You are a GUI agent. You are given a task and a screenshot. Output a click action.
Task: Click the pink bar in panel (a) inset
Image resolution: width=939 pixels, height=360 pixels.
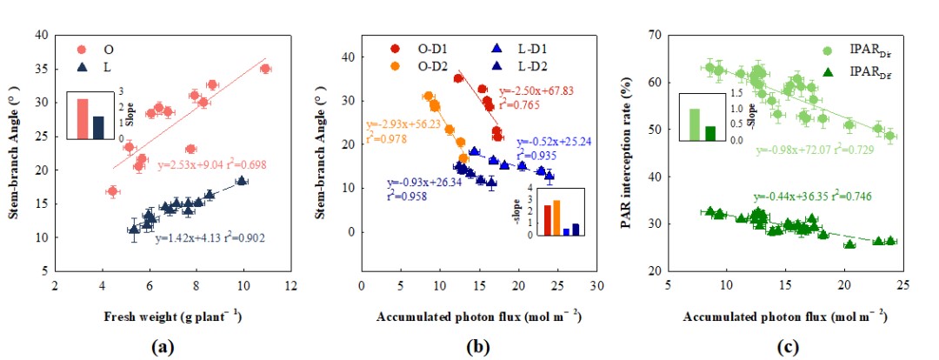coord(83,118)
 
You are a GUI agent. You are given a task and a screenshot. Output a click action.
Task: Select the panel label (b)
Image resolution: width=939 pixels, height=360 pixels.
coord(476,345)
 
